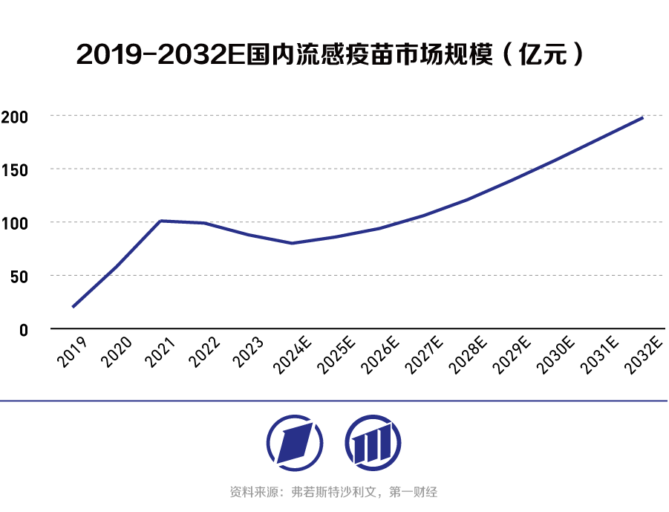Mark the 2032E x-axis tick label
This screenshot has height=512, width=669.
coord(644,354)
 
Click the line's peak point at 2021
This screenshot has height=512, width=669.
coord(161,221)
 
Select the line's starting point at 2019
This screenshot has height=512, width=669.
coord(73,307)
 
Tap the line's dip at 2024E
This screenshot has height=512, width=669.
coord(293,243)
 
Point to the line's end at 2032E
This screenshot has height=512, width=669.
coord(642,117)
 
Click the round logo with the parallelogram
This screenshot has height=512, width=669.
coord(295,444)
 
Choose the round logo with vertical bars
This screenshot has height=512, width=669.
coord(373,444)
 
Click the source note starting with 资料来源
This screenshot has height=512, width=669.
coord(334,492)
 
